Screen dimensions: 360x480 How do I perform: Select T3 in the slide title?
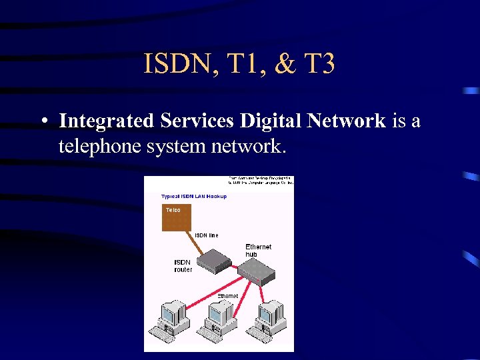pos(317,65)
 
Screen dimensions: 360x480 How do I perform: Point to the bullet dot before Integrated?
pos(42,122)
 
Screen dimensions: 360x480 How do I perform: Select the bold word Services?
pos(197,121)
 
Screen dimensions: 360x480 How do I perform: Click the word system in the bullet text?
pos(175,145)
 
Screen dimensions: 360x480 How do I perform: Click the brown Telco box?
pos(176,217)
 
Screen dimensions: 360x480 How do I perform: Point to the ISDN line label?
pos(206,235)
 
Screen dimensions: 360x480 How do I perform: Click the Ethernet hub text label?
pos(258,250)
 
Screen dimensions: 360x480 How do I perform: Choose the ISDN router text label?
pos(183,266)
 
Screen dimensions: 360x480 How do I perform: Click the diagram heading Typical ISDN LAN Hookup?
pos(194,196)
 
